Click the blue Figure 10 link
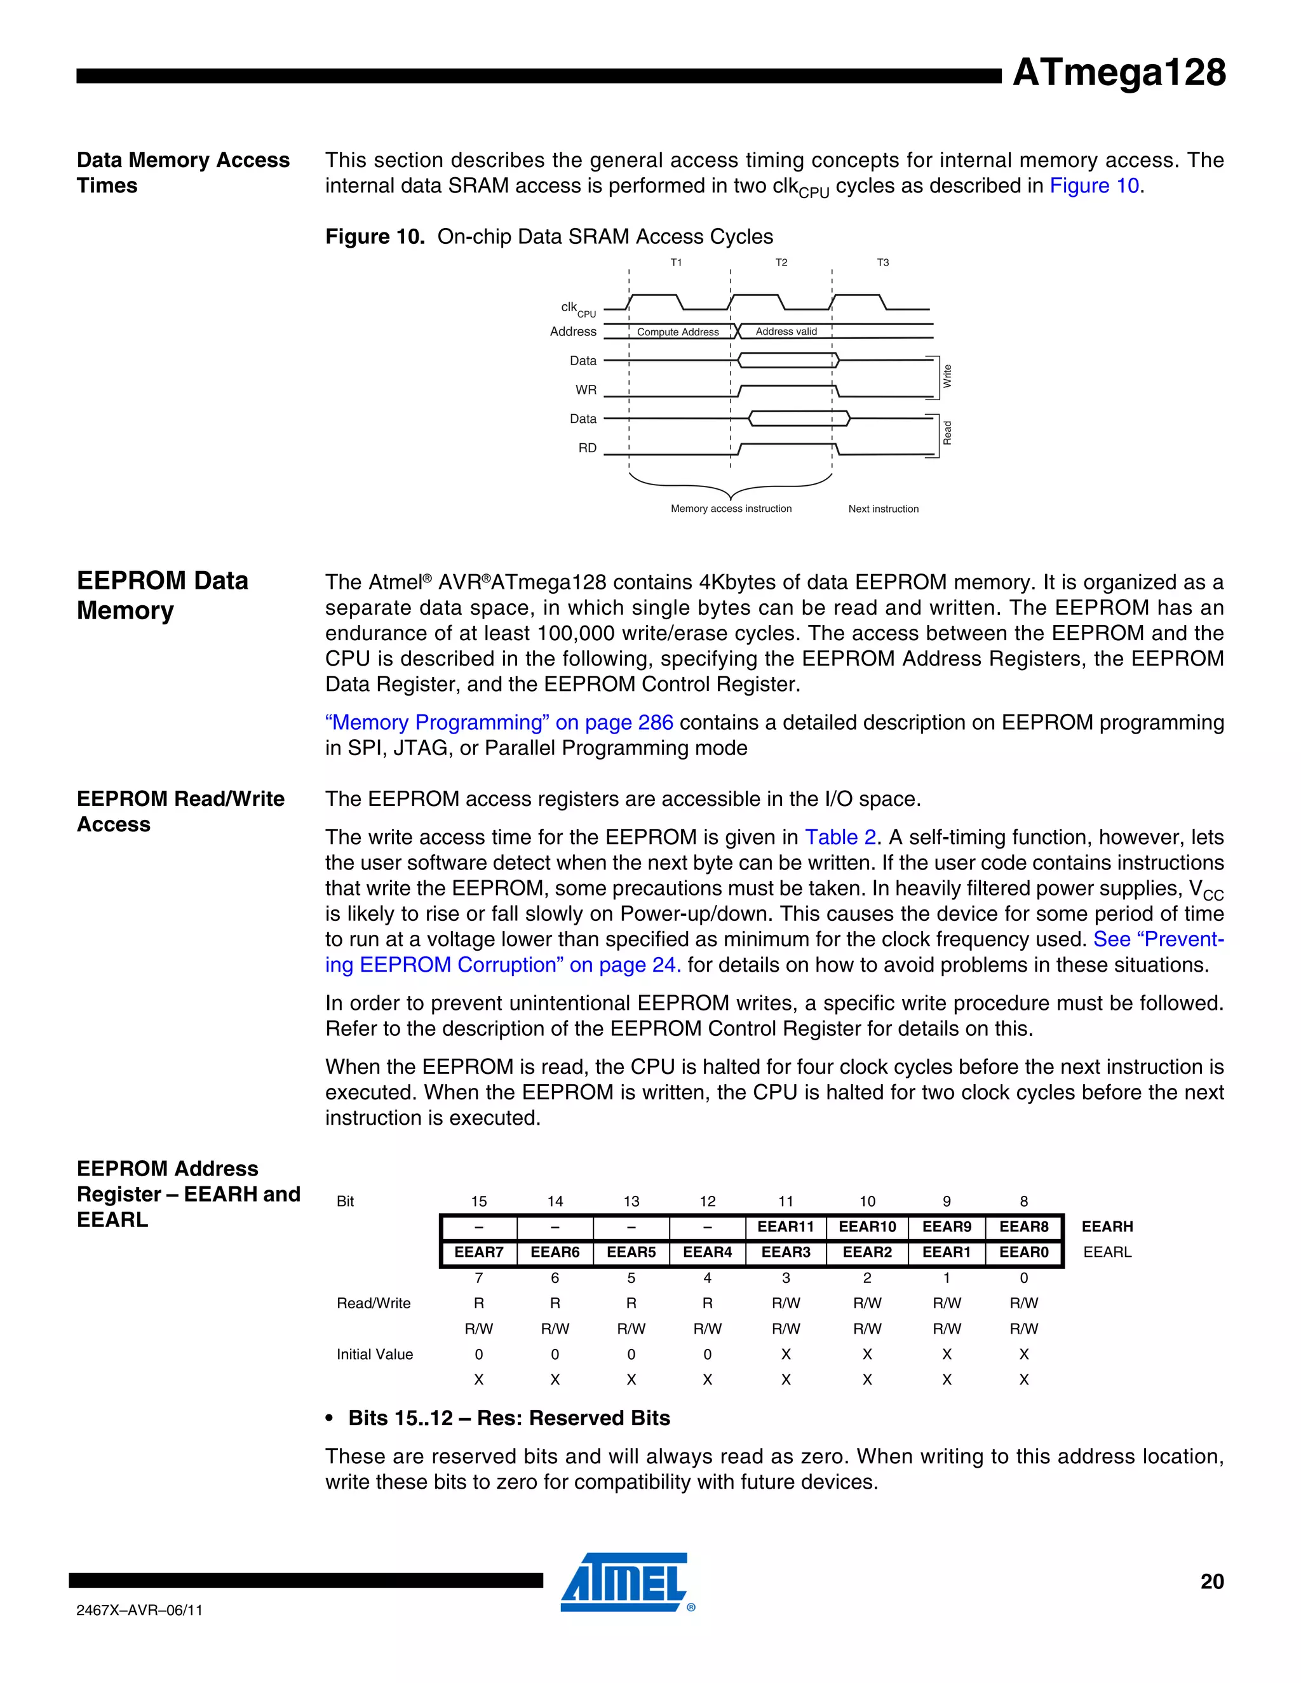1094,185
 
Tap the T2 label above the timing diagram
781,263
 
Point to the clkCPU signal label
577,308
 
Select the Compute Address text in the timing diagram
677,332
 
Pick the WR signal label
586,390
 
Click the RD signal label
588,448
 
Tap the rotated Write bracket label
947,376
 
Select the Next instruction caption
883,509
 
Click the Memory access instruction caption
731,509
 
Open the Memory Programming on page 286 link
499,722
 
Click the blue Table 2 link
840,837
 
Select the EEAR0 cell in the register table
1023,1252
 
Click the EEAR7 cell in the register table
478,1252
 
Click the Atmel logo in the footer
624,1581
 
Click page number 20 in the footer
1211,1581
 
